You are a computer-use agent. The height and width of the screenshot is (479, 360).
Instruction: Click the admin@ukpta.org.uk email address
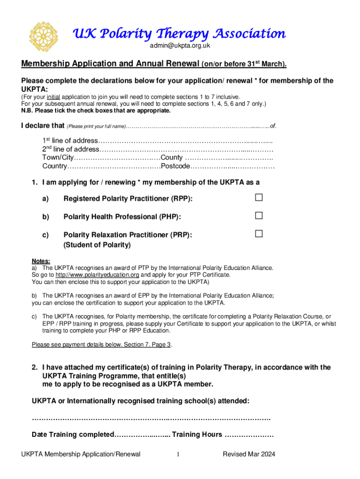tap(180, 46)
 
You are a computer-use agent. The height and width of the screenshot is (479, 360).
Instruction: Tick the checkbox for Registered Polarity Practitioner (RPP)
tap(259, 198)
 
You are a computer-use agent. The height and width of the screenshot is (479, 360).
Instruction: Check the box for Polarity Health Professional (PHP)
tap(259, 216)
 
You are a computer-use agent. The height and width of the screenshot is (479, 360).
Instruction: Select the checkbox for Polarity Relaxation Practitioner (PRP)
tap(259, 233)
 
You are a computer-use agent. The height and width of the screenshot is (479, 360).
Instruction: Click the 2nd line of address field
tap(187, 150)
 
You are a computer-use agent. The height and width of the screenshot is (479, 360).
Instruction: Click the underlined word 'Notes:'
tap(41, 261)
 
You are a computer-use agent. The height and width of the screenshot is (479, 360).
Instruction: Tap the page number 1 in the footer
tap(178, 454)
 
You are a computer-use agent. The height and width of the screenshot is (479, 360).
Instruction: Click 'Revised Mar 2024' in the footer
tap(249, 454)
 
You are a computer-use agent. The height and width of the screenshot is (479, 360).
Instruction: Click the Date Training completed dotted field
tap(143, 435)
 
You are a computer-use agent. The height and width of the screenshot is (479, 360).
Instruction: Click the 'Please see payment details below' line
tap(102, 345)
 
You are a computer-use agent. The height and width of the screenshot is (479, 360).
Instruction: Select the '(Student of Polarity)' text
tap(97, 245)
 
